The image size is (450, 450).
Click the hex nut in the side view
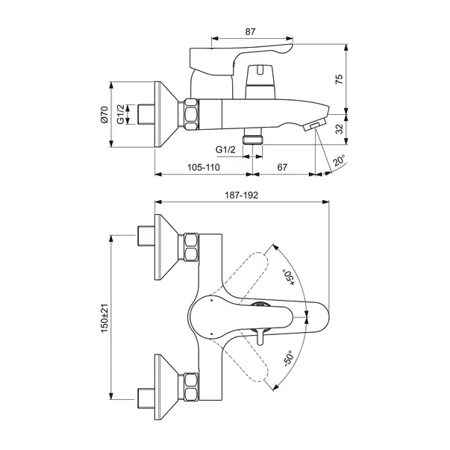[x=190, y=116]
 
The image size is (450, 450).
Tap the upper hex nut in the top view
[x=190, y=246]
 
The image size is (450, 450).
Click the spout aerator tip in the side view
[x=317, y=124]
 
